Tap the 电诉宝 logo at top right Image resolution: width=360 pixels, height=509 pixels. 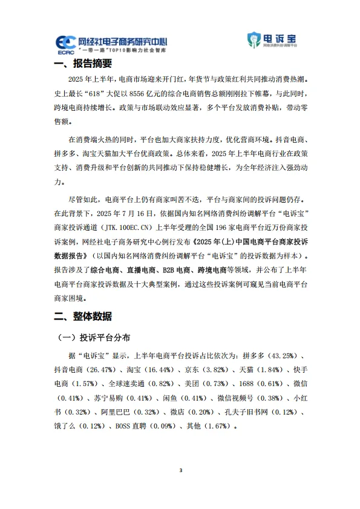click(272, 41)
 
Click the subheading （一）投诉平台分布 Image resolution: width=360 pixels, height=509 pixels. click(93, 337)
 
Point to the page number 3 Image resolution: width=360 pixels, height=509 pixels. click(180, 470)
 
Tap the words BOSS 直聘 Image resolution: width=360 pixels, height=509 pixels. click(129, 425)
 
